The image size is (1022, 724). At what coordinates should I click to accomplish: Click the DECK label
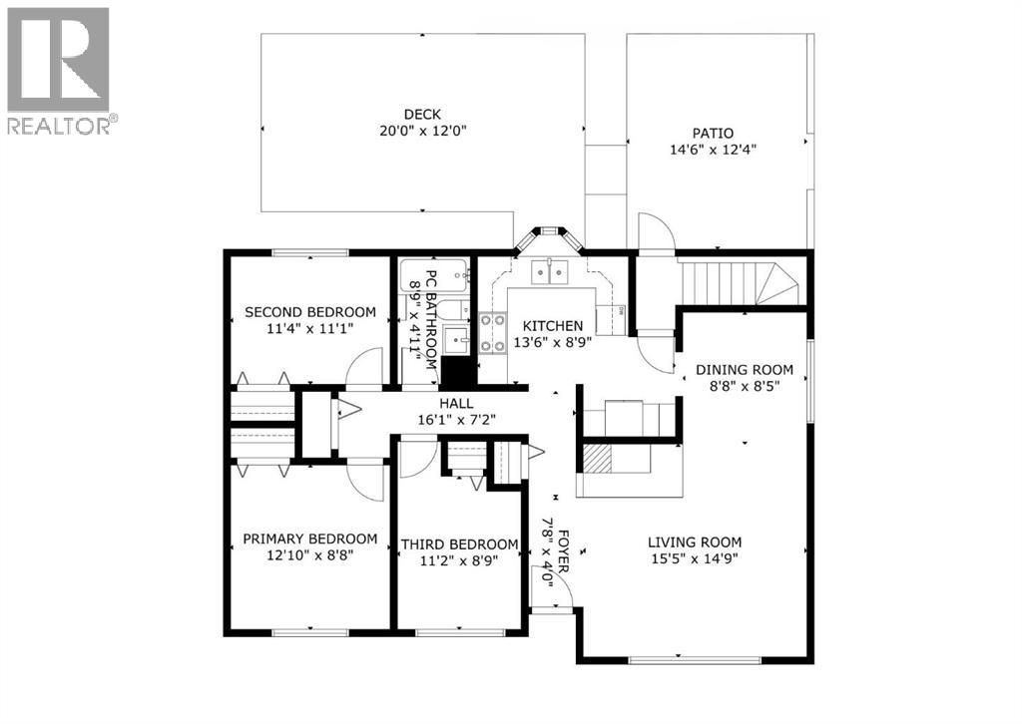(422, 114)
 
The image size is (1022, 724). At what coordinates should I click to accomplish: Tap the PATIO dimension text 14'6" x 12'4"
(713, 151)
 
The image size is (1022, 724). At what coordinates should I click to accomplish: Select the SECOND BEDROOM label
(310, 312)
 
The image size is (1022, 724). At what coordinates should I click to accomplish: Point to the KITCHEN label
(553, 326)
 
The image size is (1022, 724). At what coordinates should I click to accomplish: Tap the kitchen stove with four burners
(493, 333)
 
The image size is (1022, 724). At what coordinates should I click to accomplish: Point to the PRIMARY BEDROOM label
(310, 539)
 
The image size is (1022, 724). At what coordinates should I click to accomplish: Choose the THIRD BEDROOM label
(459, 544)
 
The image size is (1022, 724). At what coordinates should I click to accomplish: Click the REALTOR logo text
(61, 126)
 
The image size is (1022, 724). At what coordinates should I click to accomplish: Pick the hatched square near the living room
(596, 458)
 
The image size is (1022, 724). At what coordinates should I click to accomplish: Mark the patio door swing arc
(657, 231)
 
